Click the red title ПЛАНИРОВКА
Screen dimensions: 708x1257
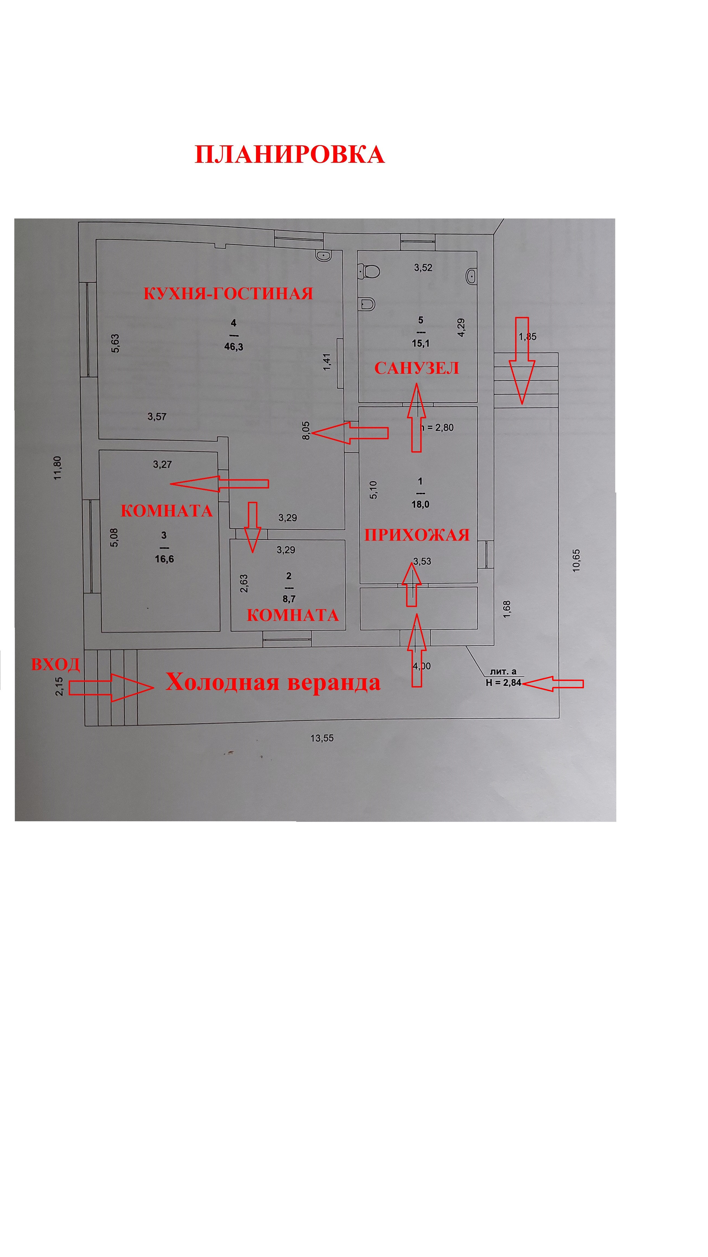289,155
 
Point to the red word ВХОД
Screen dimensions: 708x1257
55,664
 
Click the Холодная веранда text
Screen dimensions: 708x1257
273,682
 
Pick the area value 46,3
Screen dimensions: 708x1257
233,347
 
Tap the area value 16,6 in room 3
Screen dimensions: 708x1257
164,559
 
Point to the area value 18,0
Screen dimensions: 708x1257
420,504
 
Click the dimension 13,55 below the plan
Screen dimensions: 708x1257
322,738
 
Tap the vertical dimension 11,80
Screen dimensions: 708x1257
59,468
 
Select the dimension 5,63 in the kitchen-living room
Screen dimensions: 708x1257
115,343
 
